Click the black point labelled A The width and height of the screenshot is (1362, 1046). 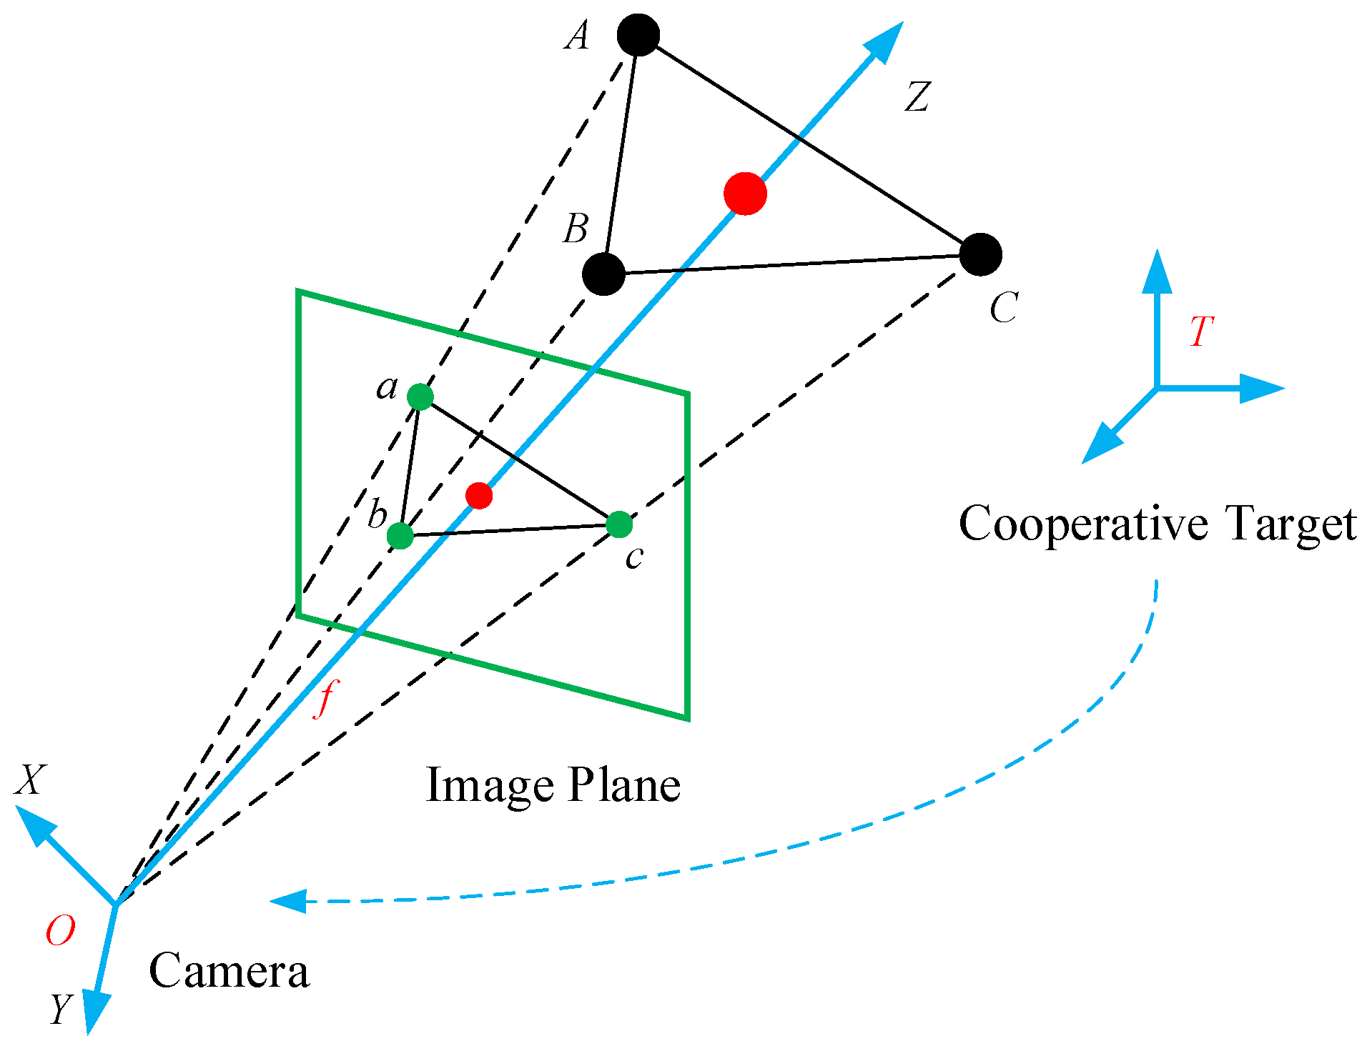click(x=638, y=35)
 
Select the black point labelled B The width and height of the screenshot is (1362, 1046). click(x=604, y=274)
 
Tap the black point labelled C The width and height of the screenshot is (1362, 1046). click(x=980, y=254)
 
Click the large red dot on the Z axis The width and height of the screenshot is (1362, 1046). click(x=745, y=194)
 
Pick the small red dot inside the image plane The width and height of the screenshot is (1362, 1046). click(x=478, y=495)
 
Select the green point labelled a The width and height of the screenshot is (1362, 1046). click(x=420, y=396)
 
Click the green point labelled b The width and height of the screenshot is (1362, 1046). click(x=400, y=535)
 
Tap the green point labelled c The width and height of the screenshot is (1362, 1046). click(x=619, y=524)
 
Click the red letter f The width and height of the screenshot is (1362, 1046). click(x=326, y=697)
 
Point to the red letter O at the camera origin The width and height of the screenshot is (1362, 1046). click(x=60, y=931)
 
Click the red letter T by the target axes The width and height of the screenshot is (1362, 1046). click(x=1202, y=332)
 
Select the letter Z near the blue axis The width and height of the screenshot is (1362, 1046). click(x=917, y=96)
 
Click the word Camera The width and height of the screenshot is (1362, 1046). click(x=229, y=972)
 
